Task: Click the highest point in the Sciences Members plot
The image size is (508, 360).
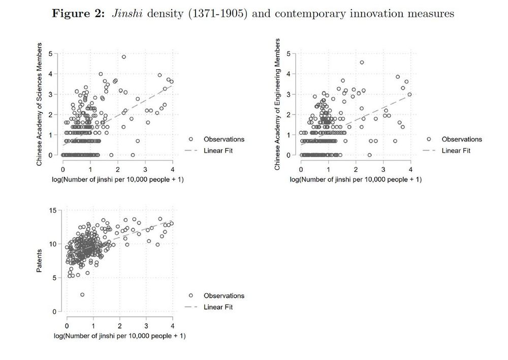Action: coord(123,56)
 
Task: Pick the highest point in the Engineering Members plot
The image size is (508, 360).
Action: coord(362,63)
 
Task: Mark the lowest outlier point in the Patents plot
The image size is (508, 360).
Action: coord(82,294)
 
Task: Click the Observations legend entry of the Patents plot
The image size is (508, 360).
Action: coord(224,295)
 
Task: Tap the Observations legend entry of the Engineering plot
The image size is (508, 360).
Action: coord(461,139)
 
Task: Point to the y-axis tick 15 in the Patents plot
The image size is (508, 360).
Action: coord(53,211)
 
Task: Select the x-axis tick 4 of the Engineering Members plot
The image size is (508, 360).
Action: coord(410,169)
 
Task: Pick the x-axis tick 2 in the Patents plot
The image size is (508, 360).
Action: coord(120,325)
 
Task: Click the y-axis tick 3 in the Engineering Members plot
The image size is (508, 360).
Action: coord(289,94)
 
